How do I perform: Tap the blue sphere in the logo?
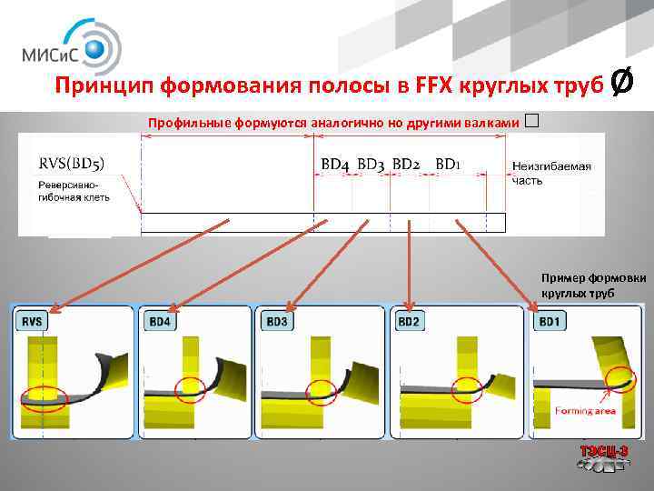pos(97,45)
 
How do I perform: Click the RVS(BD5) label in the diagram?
pos(72,165)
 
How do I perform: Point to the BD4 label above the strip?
pos(335,165)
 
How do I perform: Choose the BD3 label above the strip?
pos(371,165)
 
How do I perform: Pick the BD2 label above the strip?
pos(406,165)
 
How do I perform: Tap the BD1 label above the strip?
pos(448,165)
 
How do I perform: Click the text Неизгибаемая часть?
pos(550,173)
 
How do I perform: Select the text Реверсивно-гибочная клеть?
pos(74,191)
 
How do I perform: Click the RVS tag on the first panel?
pos(34,321)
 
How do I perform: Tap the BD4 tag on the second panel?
pos(161,321)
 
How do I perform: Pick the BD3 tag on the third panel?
pos(278,321)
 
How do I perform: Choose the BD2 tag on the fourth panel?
pos(409,321)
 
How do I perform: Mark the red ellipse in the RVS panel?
pos(41,398)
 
